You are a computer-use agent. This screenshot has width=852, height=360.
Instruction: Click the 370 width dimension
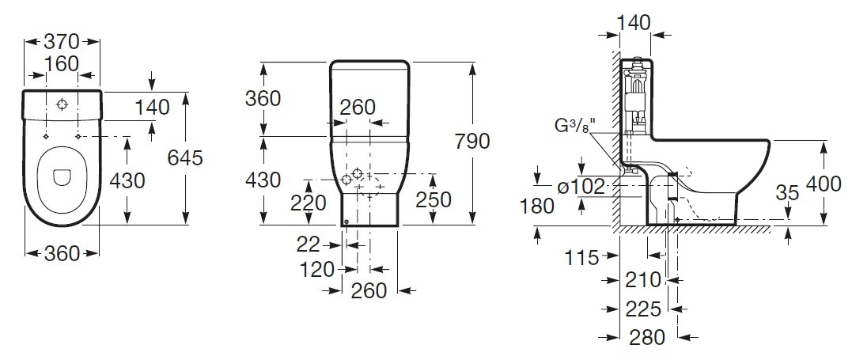(x=62, y=41)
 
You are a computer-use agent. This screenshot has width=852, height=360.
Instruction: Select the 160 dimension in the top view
(x=62, y=63)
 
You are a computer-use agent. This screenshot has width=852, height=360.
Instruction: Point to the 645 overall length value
(x=185, y=157)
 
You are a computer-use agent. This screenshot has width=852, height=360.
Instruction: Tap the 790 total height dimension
(x=472, y=142)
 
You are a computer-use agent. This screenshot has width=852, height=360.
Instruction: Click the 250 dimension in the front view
(x=434, y=199)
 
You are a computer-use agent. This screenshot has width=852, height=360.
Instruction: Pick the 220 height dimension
(x=309, y=203)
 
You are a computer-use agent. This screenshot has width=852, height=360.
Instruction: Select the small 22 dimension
(x=308, y=245)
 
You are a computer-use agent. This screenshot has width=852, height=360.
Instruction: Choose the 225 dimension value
(x=644, y=309)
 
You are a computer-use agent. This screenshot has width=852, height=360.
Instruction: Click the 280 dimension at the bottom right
(x=647, y=337)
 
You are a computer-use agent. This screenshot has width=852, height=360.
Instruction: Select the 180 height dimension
(x=537, y=206)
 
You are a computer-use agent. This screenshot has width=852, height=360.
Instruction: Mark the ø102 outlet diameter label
(x=581, y=187)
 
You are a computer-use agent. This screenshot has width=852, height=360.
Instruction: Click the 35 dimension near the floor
(x=787, y=192)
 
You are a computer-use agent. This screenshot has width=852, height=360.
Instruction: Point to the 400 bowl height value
(x=823, y=185)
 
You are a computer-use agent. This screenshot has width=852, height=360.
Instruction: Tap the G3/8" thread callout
(x=575, y=125)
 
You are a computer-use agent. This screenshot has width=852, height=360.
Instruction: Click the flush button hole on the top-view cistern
(x=62, y=104)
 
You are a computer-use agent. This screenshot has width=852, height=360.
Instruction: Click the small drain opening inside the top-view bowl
(x=62, y=176)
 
